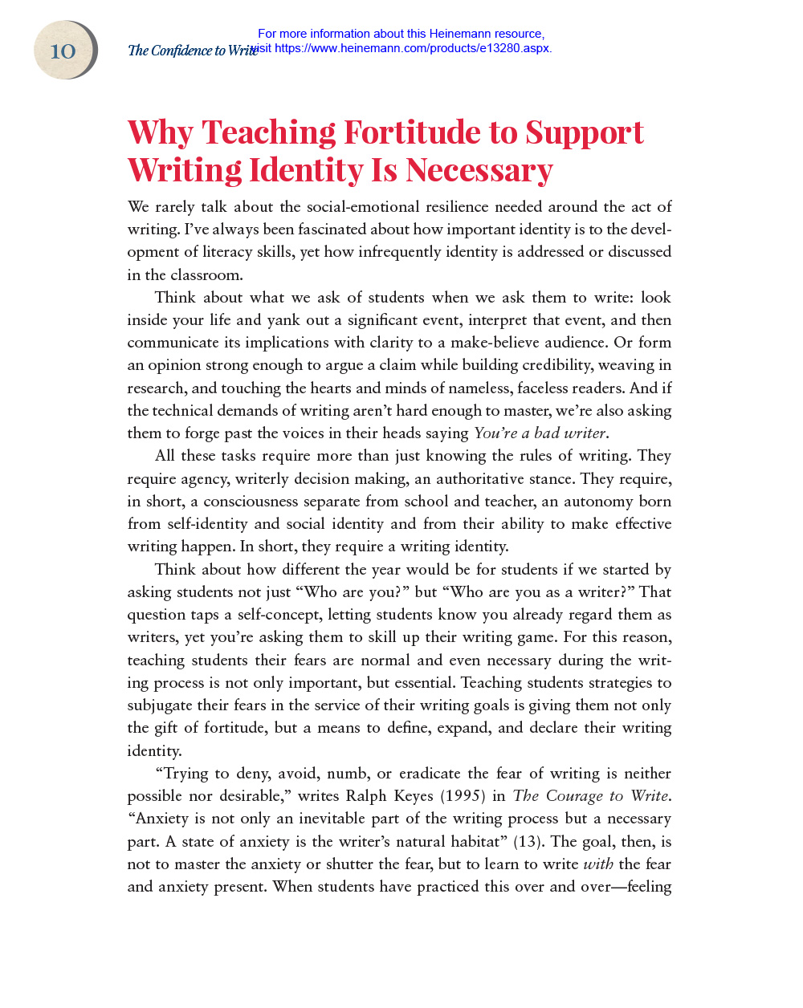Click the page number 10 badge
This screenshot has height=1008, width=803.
63,51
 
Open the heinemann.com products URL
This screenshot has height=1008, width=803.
413,48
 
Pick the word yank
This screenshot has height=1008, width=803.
284,320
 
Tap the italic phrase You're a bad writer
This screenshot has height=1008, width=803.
540,433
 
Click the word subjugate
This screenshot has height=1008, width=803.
159,705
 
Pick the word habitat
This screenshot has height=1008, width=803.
473,842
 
